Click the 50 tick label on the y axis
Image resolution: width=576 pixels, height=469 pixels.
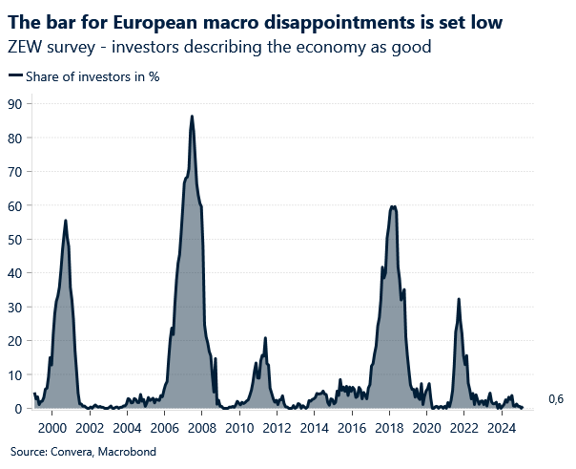click(x=13, y=239)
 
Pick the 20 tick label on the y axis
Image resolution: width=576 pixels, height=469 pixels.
click(x=13, y=341)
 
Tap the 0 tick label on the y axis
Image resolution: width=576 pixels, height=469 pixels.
click(x=17, y=409)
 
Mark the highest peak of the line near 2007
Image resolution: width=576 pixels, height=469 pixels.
click(x=192, y=117)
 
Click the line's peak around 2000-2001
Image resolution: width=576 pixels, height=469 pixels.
click(x=65, y=221)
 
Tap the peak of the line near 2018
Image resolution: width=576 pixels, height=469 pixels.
click(x=393, y=206)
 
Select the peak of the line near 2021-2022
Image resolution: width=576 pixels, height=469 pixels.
click(x=459, y=299)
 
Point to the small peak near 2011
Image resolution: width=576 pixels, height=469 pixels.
click(x=265, y=338)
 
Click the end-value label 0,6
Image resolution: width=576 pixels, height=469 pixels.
click(x=556, y=400)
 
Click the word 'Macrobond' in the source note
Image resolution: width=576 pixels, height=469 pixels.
click(x=129, y=451)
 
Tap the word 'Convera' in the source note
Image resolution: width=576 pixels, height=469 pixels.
click(x=70, y=451)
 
